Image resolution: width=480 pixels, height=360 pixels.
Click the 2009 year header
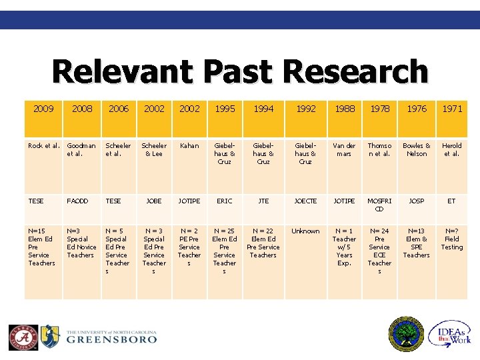coord(43,108)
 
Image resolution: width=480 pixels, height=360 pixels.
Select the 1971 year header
coord(452,108)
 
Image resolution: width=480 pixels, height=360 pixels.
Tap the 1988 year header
coord(345,108)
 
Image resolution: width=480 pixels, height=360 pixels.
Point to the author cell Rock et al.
coord(44,145)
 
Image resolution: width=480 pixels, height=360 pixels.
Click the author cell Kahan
coord(189,145)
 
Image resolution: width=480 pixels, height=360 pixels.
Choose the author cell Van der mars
coord(345,149)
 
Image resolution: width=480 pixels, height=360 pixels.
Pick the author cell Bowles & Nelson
coord(417,149)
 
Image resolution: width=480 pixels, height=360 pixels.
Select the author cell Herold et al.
coord(452,149)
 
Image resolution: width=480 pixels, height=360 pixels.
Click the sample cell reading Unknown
coord(305,231)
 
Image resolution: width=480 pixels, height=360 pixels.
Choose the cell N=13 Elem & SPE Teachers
coord(417,243)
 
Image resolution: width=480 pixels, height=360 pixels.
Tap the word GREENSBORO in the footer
coord(111,339)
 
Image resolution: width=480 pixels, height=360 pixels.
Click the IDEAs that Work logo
coord(451,335)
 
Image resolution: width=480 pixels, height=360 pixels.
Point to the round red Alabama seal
coord(23,337)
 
